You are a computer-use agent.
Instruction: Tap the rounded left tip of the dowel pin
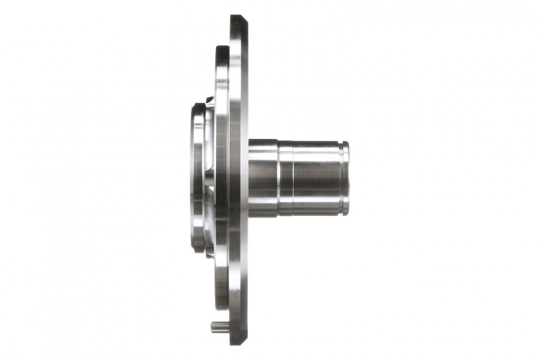pyautogui.click(x=212, y=326)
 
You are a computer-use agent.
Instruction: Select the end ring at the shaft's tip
pyautogui.click(x=346, y=178)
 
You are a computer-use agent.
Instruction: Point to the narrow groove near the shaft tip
pyautogui.click(x=341, y=178)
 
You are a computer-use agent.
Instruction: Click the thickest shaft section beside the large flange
pyautogui.click(x=263, y=178)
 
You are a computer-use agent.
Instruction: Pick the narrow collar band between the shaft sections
pyautogui.click(x=285, y=178)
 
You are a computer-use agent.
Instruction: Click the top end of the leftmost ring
pyautogui.click(x=199, y=107)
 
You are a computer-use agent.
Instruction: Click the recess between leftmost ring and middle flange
pyautogui.click(x=210, y=178)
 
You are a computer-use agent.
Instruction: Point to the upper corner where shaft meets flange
pyautogui.click(x=251, y=141)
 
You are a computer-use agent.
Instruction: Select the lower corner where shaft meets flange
pyautogui.click(x=251, y=215)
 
